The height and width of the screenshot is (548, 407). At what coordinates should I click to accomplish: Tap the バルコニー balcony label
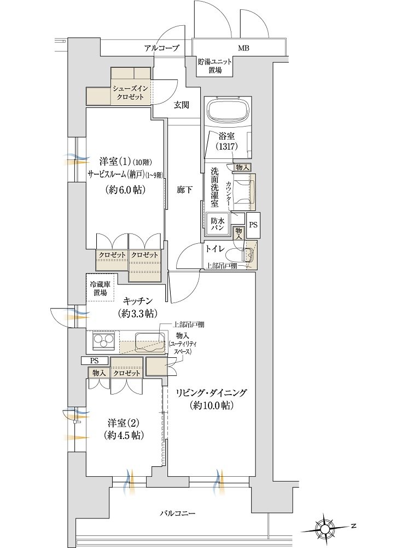[178, 513]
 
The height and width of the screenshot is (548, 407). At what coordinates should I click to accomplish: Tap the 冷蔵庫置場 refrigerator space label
[100, 288]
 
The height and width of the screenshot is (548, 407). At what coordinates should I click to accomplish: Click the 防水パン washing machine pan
[217, 222]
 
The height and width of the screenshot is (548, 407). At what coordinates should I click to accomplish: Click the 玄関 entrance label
[182, 105]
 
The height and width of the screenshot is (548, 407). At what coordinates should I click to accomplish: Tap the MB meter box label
[243, 49]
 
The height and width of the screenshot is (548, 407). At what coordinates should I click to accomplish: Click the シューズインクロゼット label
[130, 93]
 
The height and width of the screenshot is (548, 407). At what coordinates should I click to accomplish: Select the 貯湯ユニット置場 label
[215, 66]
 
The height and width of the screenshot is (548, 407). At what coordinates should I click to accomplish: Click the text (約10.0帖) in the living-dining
[212, 406]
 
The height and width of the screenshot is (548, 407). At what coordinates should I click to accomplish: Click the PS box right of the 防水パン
[253, 225]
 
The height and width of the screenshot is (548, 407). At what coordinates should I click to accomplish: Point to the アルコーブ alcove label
[162, 48]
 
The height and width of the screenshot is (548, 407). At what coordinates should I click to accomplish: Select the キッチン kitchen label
[137, 300]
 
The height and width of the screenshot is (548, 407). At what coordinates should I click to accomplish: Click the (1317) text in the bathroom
[226, 146]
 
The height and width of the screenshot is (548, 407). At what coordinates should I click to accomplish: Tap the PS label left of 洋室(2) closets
[94, 361]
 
